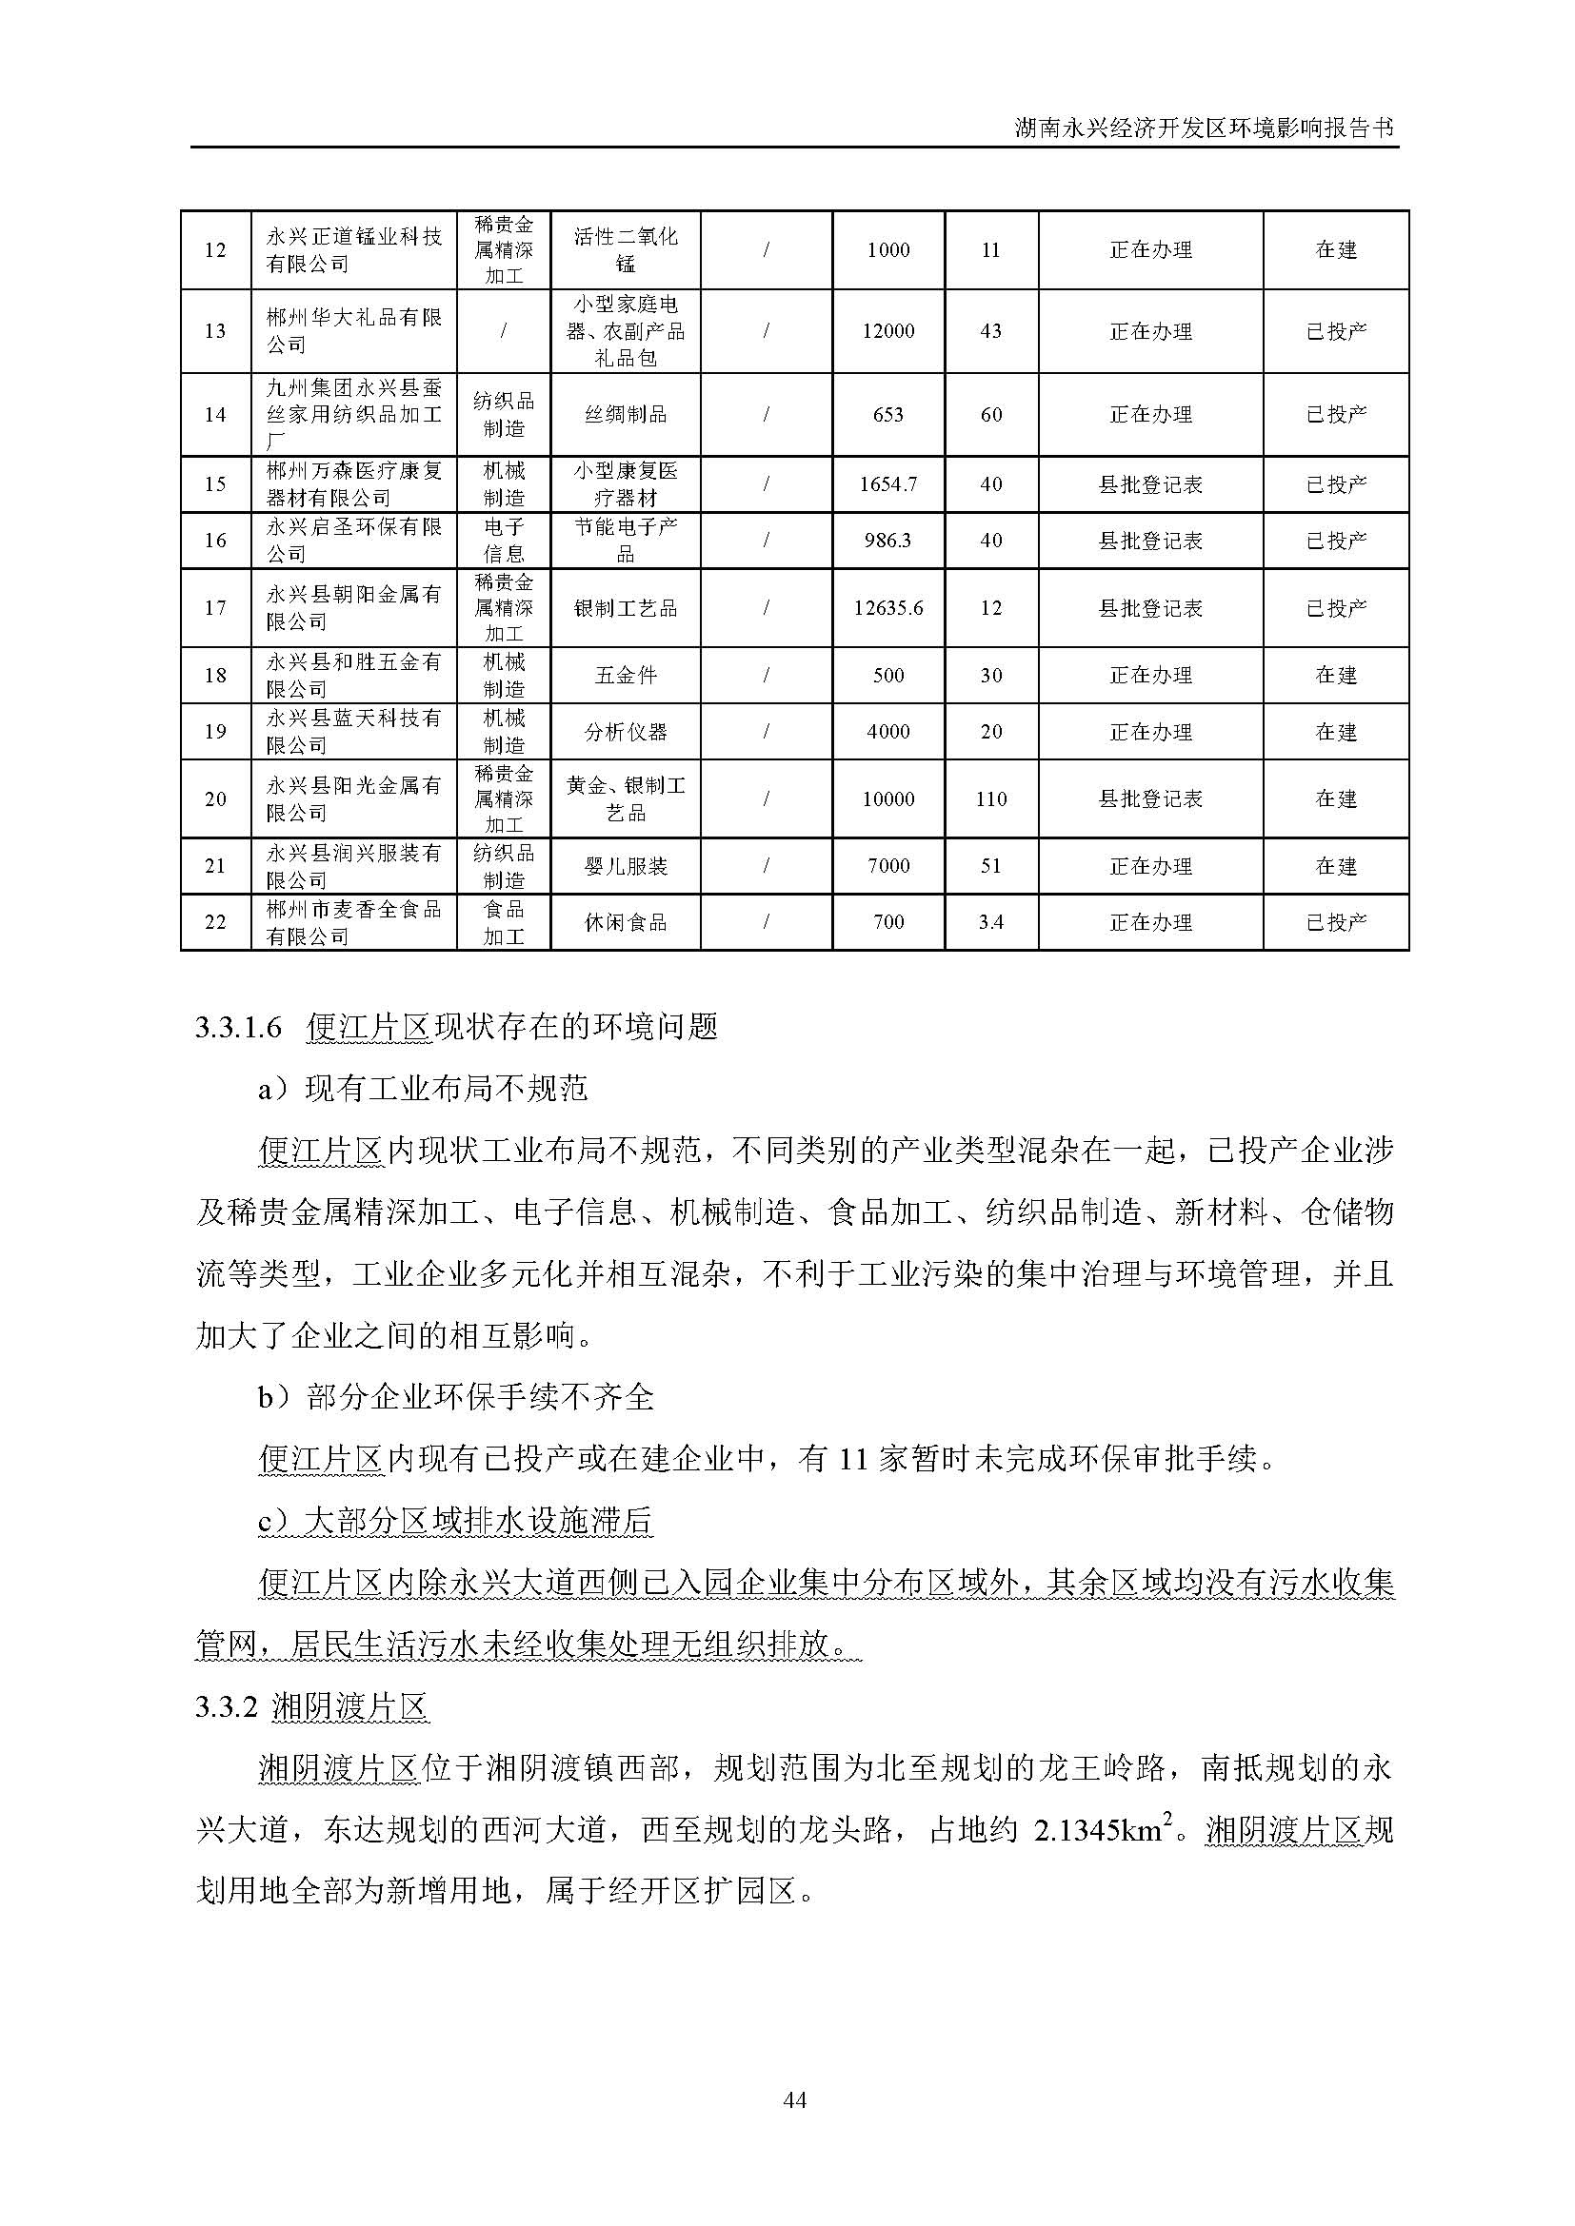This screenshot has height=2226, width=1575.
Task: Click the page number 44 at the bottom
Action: click(794, 2100)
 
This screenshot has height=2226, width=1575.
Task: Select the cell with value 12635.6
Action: click(887, 609)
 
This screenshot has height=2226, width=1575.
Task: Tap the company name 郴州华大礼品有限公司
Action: click(354, 331)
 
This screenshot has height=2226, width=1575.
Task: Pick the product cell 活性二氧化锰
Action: click(626, 250)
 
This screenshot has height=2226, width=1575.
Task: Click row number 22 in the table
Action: click(215, 922)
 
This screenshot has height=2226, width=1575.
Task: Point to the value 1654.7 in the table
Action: click(887, 483)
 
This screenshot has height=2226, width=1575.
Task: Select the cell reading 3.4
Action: click(990, 922)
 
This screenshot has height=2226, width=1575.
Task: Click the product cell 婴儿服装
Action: click(626, 867)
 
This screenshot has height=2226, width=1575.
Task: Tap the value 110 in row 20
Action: click(990, 799)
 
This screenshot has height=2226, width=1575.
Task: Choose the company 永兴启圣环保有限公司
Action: click(354, 541)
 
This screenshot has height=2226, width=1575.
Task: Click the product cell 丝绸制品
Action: click(626, 415)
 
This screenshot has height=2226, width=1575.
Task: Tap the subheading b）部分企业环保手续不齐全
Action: click(456, 1397)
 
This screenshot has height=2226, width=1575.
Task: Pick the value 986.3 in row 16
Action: click(887, 541)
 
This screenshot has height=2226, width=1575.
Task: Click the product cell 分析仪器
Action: click(626, 732)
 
